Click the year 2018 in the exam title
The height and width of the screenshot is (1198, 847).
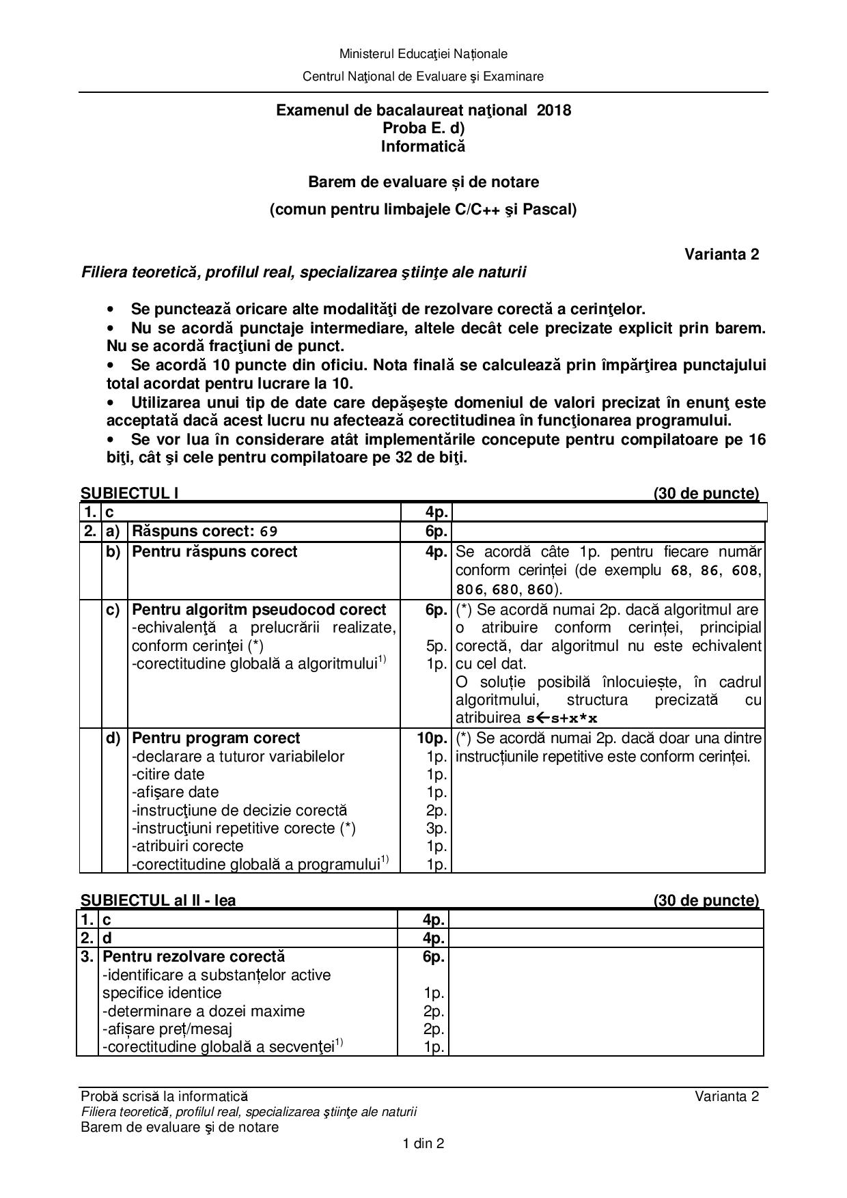(554, 110)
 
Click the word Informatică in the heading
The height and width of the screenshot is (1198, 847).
(423, 146)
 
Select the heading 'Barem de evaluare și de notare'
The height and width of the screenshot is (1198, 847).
(423, 182)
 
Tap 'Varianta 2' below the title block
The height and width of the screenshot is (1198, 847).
(721, 254)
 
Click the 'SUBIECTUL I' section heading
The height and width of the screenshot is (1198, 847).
(130, 493)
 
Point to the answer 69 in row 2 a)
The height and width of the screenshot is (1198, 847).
(268, 531)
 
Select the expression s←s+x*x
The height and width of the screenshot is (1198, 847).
(561, 718)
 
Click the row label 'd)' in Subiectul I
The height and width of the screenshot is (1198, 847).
(113, 738)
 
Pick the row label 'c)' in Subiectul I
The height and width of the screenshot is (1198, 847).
(113, 610)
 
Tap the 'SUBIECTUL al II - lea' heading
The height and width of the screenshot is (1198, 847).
(158, 900)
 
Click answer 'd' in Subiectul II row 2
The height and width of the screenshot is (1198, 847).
(107, 938)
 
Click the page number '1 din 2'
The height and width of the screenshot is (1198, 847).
(423, 1143)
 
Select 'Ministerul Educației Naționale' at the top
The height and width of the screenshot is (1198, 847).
(423, 54)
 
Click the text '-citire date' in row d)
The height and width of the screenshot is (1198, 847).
(168, 775)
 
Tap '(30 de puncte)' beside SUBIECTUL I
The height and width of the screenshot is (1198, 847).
(706, 493)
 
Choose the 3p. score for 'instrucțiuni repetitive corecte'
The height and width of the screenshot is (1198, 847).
(436, 828)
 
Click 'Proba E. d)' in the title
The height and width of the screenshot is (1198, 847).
(423, 128)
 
